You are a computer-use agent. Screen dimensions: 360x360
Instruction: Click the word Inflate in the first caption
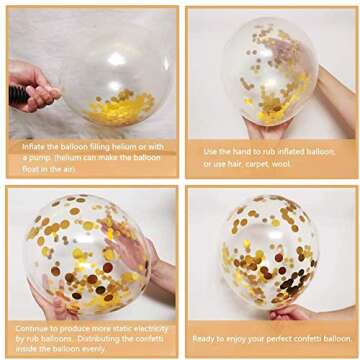[32, 146]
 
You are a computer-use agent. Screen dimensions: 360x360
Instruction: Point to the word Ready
[206, 339]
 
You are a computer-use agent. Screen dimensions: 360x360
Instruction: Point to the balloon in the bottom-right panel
[269, 250]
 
